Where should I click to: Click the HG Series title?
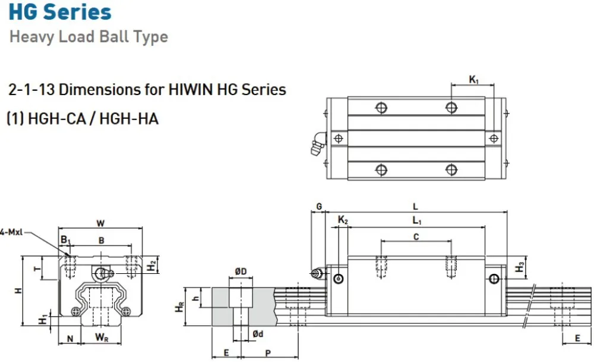tap(60, 12)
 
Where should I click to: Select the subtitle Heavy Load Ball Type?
tap(89, 37)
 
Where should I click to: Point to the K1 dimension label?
tap(473, 79)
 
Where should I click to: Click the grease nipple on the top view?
tap(317, 144)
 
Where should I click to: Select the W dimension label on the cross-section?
tap(100, 223)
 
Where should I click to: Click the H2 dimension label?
tap(151, 265)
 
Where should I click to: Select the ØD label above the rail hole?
tap(241, 272)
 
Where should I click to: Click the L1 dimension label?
tap(416, 222)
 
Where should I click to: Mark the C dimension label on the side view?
tap(416, 236)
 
